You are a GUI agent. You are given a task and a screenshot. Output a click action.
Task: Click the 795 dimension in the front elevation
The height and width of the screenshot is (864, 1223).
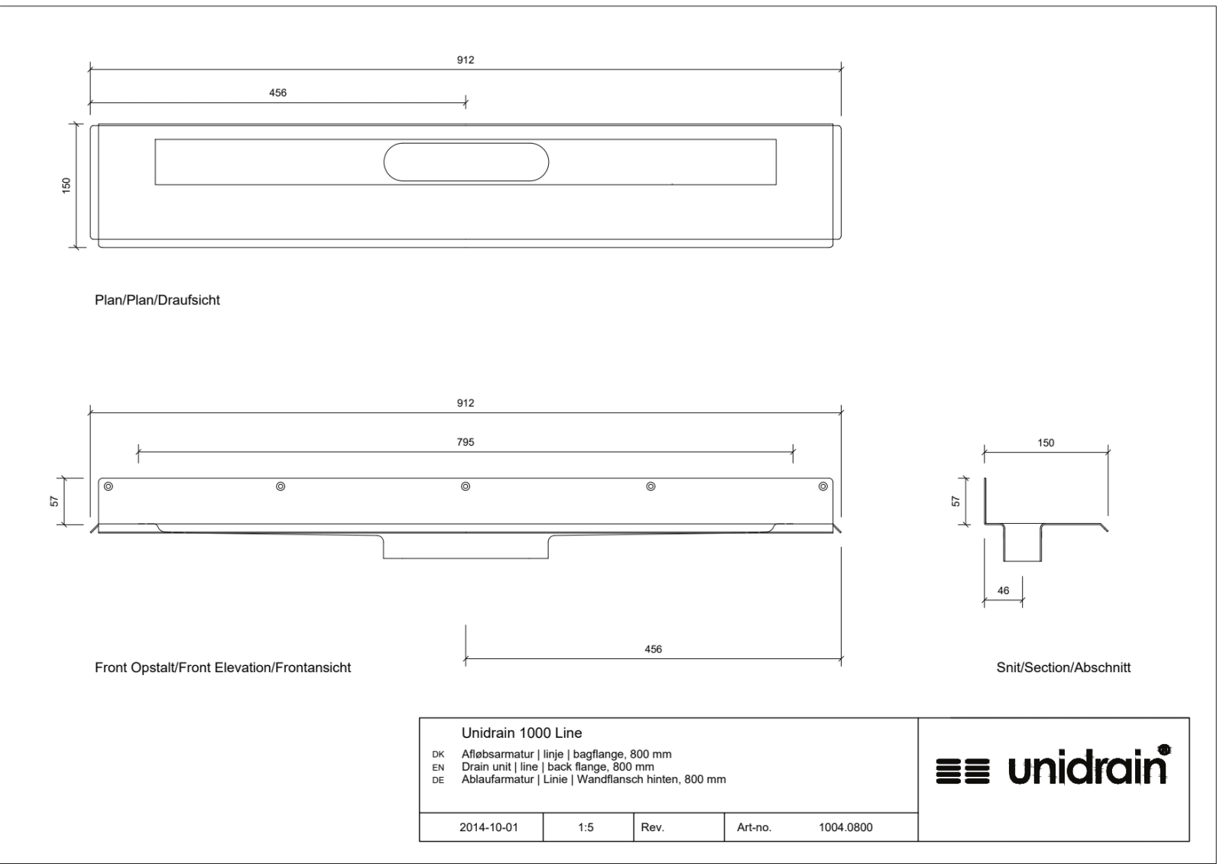tap(466, 442)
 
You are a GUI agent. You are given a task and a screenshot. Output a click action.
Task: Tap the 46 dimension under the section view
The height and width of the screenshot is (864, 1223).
tap(1003, 590)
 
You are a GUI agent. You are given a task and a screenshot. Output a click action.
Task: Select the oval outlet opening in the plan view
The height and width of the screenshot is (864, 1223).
tap(466, 162)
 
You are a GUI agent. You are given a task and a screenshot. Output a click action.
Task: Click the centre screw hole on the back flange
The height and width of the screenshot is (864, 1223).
tap(466, 486)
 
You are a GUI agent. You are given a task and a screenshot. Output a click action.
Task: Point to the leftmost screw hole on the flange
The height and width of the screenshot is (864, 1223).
tap(108, 486)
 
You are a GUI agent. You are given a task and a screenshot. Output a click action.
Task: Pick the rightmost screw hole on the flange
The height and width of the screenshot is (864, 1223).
tap(822, 486)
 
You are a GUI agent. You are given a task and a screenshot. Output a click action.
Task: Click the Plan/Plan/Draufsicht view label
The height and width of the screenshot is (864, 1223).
tap(157, 300)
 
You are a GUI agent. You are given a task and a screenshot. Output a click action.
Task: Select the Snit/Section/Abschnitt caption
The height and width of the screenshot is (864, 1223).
tap(1063, 667)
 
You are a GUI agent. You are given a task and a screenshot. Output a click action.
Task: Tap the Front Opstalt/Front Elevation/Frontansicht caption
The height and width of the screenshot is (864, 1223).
tap(222, 667)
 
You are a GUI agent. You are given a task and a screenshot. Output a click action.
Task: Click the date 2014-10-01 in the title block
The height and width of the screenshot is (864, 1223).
tap(488, 827)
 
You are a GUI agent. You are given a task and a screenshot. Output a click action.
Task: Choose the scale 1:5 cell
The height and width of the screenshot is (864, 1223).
tap(586, 827)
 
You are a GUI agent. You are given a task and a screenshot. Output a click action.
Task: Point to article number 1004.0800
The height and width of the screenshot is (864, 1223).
tap(845, 827)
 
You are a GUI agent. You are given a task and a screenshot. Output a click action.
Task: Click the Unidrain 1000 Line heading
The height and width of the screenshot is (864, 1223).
tap(522, 733)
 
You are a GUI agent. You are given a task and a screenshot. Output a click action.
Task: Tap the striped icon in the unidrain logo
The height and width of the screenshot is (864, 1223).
tap(962, 771)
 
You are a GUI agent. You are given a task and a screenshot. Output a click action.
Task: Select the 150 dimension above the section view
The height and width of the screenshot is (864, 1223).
tap(1046, 443)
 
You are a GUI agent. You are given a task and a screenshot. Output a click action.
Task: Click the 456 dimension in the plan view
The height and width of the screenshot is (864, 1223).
tap(277, 93)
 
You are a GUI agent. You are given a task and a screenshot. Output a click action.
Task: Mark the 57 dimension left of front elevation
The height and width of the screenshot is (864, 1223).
tap(54, 501)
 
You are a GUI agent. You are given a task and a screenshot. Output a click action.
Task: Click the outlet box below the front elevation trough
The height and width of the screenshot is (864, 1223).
tap(466, 547)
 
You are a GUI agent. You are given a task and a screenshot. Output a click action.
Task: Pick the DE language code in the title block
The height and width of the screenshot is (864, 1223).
tap(438, 780)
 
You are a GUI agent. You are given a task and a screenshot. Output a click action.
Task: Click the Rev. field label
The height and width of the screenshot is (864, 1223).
tap(653, 827)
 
